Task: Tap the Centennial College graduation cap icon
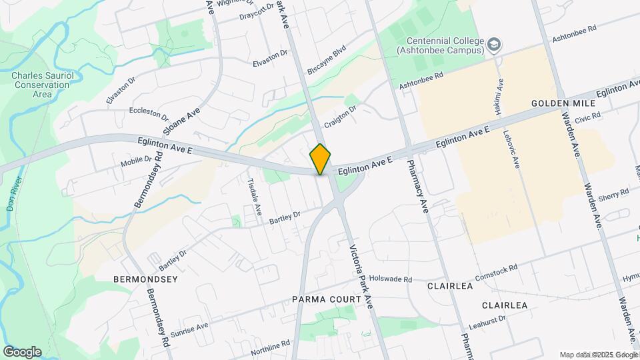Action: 494,45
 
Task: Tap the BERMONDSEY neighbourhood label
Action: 145,279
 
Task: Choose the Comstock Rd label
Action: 496,273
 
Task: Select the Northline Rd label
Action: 271,347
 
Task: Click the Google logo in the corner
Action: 22,352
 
